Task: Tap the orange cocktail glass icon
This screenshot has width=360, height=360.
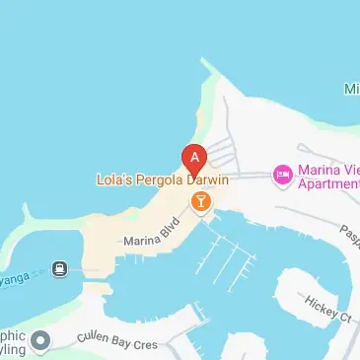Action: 200,202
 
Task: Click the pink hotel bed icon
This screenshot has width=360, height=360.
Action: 281,175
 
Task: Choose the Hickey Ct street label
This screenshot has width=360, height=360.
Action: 327,309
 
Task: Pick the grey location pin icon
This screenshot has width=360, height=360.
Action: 40,342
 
